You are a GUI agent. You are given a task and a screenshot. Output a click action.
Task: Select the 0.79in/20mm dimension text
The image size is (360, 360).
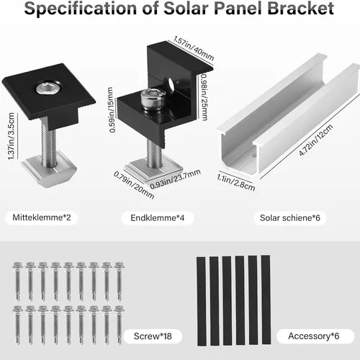(x=134, y=184)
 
